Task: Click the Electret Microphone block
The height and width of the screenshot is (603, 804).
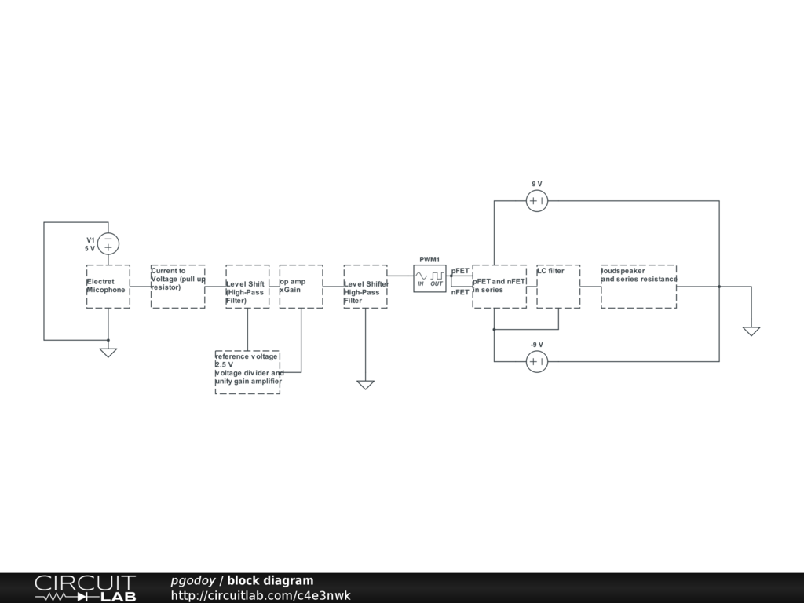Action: point(108,287)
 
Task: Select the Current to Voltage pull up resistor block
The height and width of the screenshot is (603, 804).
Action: point(178,287)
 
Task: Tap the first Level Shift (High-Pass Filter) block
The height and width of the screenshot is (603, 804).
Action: point(247,287)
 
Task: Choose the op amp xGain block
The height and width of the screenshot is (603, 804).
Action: point(301,287)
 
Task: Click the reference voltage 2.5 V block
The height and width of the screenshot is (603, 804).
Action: point(247,372)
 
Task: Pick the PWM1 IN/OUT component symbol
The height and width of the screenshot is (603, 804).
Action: point(429,278)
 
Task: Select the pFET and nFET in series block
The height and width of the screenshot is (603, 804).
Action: point(499,287)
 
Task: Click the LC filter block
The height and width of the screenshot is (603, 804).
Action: point(558,287)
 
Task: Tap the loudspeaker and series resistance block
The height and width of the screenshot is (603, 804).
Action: point(638,287)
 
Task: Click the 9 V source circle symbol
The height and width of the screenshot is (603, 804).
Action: point(536,201)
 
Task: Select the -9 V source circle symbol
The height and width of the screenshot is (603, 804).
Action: point(536,361)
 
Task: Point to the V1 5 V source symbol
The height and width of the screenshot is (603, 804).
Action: point(108,243)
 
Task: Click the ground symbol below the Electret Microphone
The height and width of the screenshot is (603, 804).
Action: point(108,352)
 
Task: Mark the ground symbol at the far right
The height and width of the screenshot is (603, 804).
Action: point(751,331)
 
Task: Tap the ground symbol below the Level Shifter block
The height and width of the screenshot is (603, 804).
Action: point(365,384)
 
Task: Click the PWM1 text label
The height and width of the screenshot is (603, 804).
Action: point(429,260)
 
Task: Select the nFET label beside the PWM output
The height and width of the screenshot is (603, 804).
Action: point(460,292)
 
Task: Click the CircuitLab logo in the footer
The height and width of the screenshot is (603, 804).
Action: point(85,588)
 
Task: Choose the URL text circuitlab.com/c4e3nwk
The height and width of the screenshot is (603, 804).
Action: point(261,596)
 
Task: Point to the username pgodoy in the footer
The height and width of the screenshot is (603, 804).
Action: point(193,581)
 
